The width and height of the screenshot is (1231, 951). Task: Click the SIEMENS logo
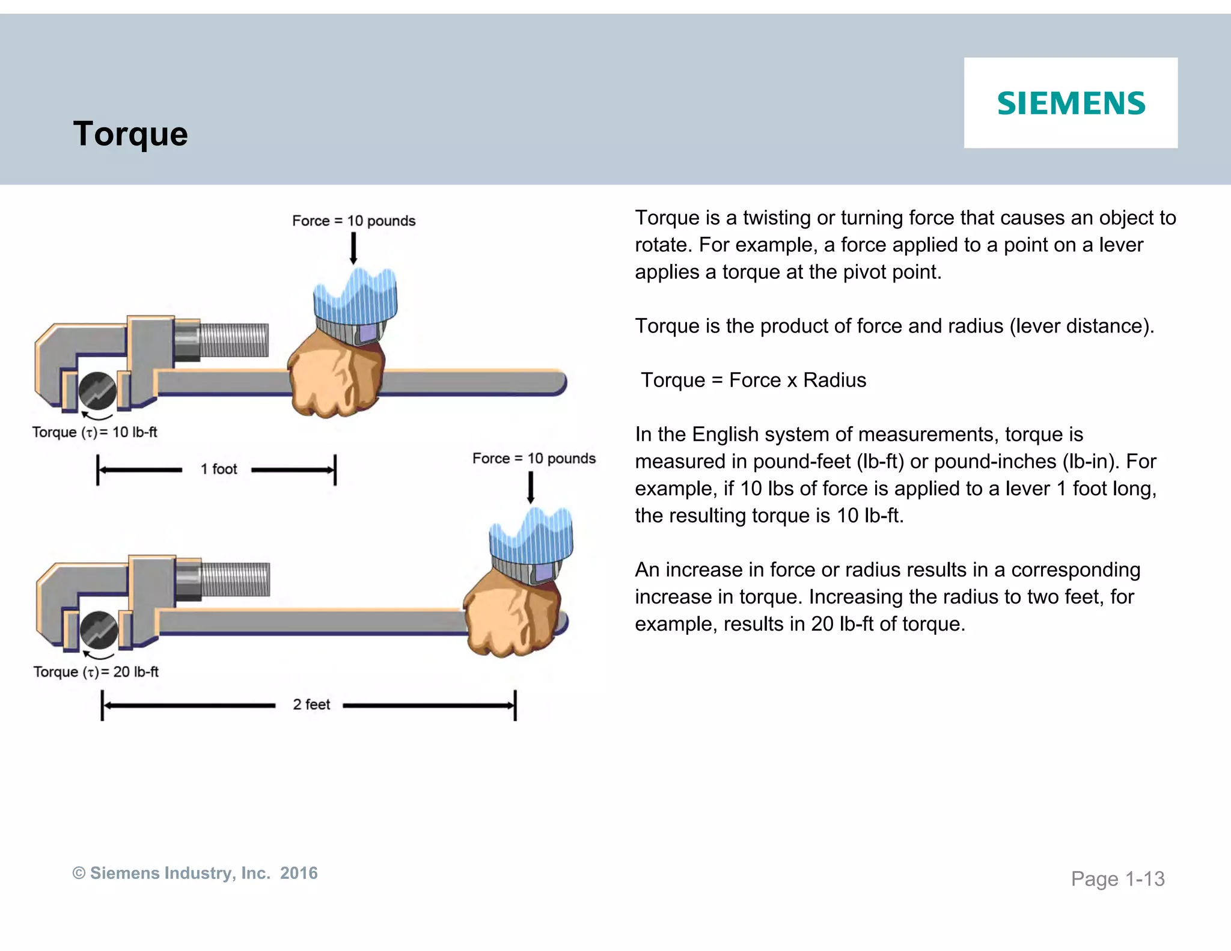coord(1071,103)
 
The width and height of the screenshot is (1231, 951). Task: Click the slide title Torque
coord(130,133)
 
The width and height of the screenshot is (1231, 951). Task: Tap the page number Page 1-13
coord(1117,879)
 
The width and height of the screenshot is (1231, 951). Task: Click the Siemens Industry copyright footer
coord(195,873)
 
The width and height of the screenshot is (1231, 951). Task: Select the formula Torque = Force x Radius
coord(753,380)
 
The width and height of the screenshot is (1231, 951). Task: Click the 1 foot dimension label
coord(218,469)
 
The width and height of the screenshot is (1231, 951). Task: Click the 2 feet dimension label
coord(311,704)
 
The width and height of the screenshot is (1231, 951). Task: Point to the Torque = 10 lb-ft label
coord(95,432)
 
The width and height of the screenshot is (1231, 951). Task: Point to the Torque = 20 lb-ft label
coord(96,671)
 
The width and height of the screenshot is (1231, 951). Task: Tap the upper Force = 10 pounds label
coord(353,221)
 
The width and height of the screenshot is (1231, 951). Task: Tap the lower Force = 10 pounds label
coord(534,458)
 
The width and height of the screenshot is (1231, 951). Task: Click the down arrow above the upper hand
coord(353,248)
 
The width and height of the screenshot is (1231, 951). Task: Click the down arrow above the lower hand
coord(531,487)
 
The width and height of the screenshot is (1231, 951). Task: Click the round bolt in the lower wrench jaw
coord(99,629)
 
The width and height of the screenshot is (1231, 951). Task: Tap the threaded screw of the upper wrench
coord(233,340)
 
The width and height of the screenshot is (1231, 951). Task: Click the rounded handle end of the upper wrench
coord(556,382)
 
